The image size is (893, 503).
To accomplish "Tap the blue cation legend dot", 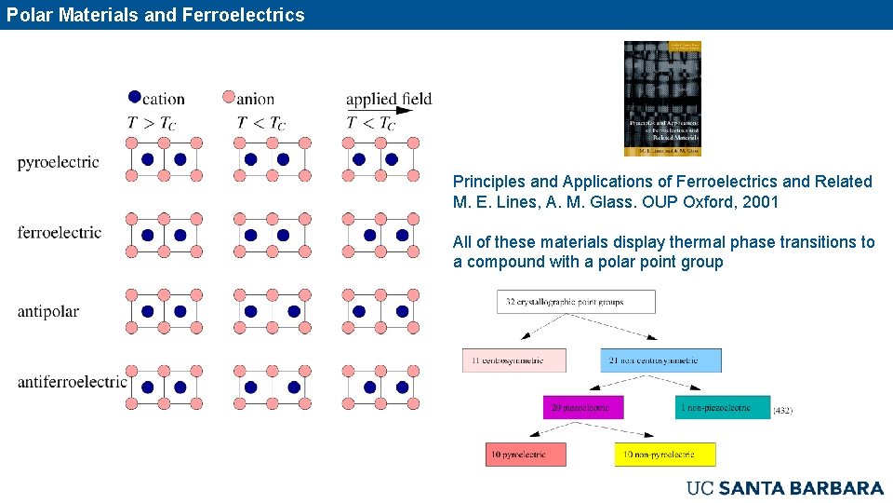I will pos(134,96).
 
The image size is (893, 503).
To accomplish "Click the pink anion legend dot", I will pos(229,96).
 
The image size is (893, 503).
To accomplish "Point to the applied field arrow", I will pos(390,110).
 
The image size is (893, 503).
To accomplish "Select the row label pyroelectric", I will pos(58,163).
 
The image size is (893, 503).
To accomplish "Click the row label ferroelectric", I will pos(60,233).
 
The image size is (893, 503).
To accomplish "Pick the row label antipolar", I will pos(47,311).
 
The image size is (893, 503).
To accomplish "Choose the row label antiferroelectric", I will pos(72,382).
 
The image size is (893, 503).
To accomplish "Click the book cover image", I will pos(662,98).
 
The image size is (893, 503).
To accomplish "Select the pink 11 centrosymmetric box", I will pos(513,360).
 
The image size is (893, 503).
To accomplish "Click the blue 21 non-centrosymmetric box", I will pos(660,360).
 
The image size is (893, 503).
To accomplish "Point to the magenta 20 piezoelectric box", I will pos(583,408).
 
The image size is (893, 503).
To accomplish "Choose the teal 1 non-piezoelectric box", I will pos(723,408).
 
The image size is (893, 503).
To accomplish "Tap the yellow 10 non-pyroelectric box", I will pos(665,455).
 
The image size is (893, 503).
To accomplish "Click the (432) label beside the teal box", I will pos(782,410).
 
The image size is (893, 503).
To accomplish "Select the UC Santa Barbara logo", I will pos(784,488).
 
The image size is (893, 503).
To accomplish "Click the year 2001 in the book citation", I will pos(760,202).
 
